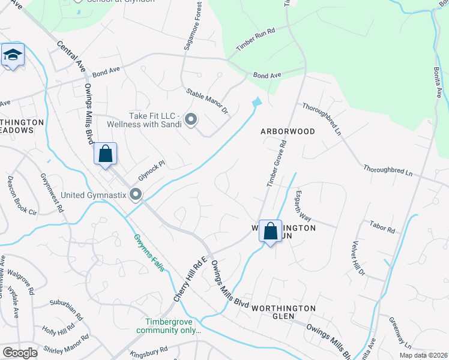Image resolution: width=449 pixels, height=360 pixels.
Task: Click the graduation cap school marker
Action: pos(13,55)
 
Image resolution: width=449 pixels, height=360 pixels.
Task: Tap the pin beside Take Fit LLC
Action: pos(191,120)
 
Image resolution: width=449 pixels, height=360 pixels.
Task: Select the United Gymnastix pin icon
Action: pos(136,194)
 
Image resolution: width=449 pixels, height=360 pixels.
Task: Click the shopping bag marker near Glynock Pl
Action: pos(105,154)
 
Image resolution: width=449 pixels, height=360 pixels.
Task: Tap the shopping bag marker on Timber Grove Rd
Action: pos(271,230)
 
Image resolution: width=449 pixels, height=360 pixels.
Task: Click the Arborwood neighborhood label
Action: pos(287,131)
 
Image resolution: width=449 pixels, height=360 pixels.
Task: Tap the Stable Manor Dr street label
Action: pos(207,101)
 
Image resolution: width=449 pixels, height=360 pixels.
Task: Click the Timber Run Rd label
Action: pos(255,38)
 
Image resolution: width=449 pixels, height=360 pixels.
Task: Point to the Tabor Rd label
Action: pos(382,230)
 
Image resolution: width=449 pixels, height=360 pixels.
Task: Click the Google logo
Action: pos(20,353)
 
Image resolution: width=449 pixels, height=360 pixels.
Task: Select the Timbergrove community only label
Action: pos(168,326)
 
